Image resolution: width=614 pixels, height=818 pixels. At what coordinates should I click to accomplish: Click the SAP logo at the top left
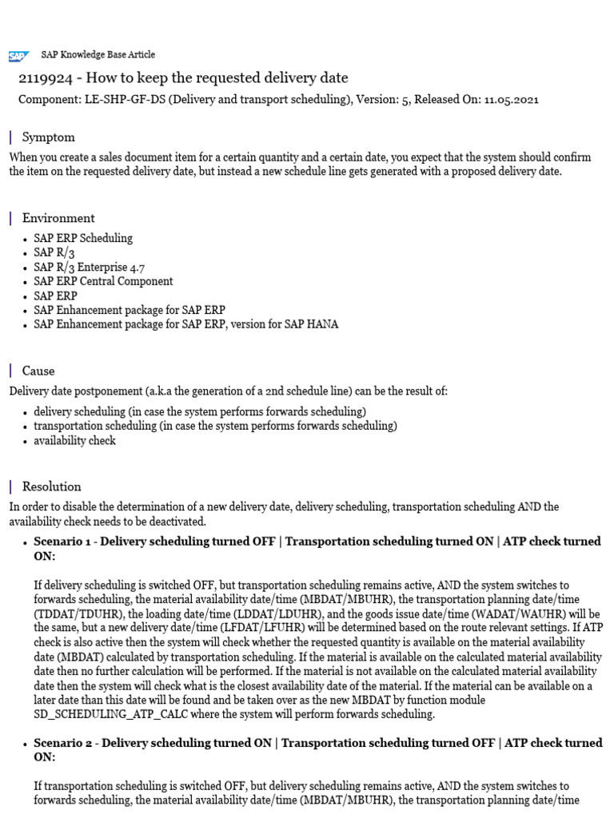pos(18,56)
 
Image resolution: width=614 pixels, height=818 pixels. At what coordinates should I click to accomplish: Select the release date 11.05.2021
pos(511,100)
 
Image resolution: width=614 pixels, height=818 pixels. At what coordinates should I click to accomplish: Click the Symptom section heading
pos(48,137)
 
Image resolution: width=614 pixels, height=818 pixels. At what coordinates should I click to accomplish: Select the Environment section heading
pos(58,218)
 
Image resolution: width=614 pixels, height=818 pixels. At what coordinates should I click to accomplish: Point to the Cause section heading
pos(38,371)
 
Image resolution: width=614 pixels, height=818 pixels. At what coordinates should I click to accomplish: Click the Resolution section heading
pos(51,486)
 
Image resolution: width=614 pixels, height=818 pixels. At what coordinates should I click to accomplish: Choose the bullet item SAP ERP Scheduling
pos(83,238)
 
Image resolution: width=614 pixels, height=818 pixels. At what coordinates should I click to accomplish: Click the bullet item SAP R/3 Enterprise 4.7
pos(89,267)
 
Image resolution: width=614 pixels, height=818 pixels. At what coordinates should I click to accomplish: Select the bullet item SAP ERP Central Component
pos(103,281)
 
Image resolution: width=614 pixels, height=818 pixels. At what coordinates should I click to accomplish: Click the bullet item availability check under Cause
pos(74,440)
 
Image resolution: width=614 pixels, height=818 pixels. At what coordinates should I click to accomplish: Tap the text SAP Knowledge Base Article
pos(98,54)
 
